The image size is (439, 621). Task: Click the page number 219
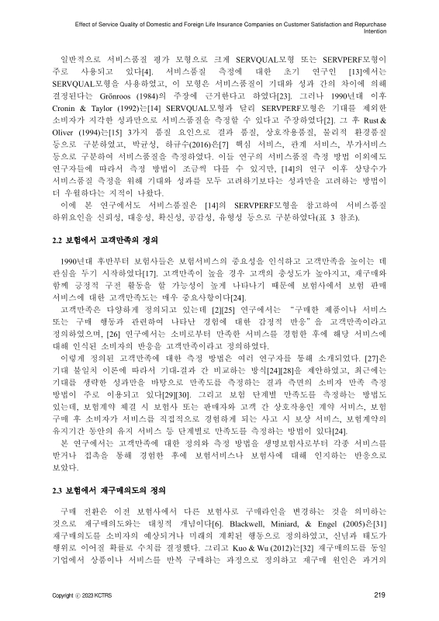tap(379, 595)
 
